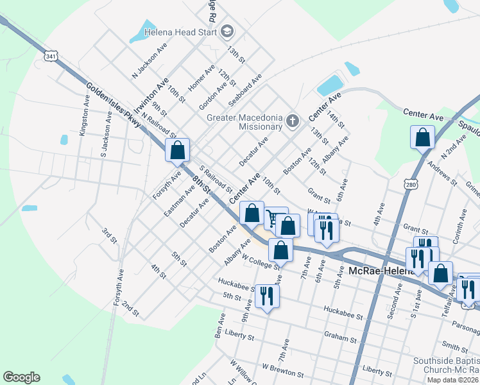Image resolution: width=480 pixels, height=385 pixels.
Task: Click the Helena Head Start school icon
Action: pyautogui.click(x=227, y=31)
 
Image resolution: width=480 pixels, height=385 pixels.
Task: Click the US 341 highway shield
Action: pyautogui.click(x=51, y=56)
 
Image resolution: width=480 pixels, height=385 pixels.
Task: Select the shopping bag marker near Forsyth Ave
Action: pyautogui.click(x=178, y=151)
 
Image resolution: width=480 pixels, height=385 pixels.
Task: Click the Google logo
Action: pyautogui.click(x=21, y=377)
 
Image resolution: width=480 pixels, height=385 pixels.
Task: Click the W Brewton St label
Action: pyautogui.click(x=282, y=372)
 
